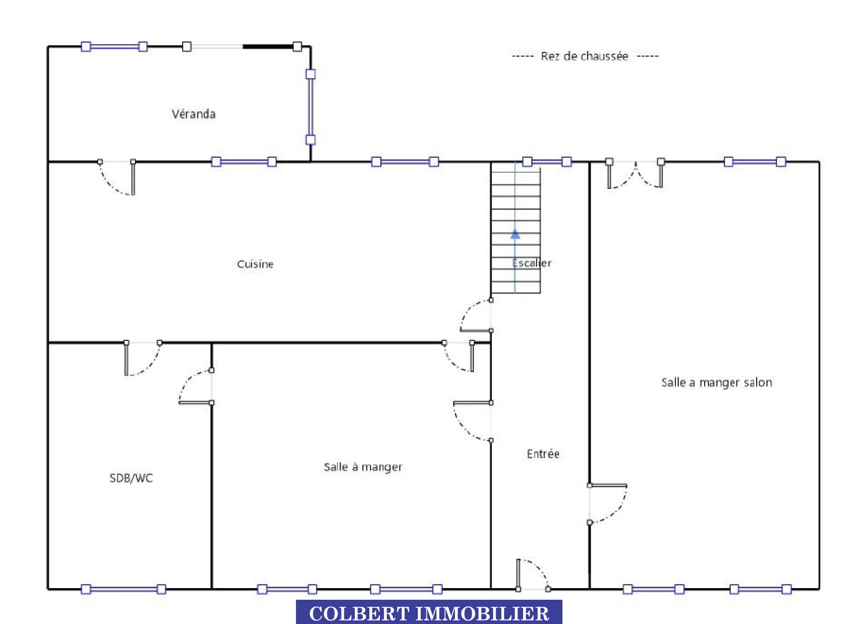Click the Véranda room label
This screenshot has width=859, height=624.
tap(193, 114)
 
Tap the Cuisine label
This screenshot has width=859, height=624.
tap(255, 264)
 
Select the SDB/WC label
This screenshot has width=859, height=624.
tap(131, 478)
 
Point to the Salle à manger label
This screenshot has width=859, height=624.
tap(363, 467)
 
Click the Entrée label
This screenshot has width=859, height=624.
tap(543, 454)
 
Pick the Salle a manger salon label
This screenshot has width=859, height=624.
tap(717, 382)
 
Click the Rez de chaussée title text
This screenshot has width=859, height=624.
tap(584, 57)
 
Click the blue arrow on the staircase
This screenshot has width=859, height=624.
tap(515, 233)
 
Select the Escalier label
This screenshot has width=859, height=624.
tap(531, 263)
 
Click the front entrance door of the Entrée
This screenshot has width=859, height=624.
tap(532, 575)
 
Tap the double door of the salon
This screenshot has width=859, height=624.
tap(635, 174)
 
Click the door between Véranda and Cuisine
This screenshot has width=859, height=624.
tap(117, 177)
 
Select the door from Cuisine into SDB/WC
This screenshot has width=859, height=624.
tap(143, 358)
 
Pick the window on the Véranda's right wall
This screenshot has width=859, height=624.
tap(310, 107)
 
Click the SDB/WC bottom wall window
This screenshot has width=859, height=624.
tap(124, 589)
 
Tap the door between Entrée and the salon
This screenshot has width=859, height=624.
tap(608, 504)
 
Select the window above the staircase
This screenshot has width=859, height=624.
tap(547, 162)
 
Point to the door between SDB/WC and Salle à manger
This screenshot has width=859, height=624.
tap(196, 387)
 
